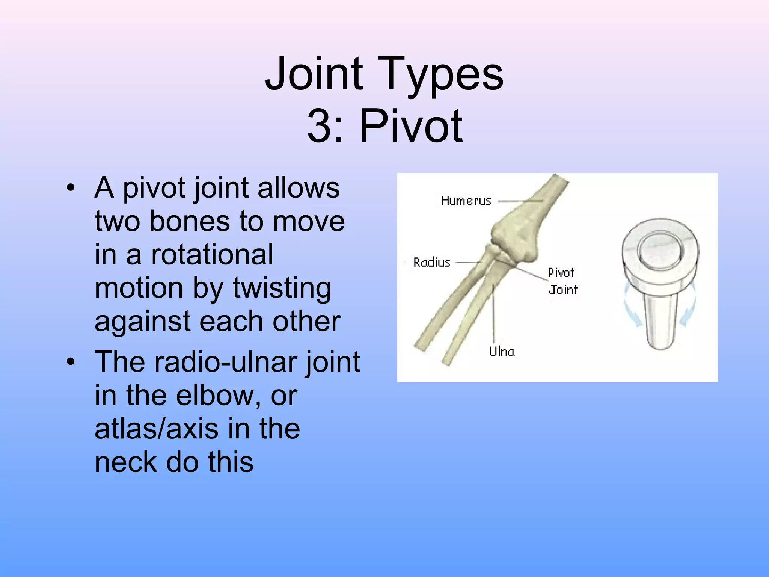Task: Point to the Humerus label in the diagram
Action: [x=466, y=201]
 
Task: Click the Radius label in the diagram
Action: [x=431, y=262]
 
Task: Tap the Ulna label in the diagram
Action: [x=501, y=351]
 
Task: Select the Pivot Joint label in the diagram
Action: [x=562, y=281]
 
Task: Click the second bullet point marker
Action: [x=71, y=362]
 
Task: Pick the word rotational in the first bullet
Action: [x=212, y=254]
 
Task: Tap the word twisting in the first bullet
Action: [x=282, y=288]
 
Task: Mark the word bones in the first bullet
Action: [x=189, y=221]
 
